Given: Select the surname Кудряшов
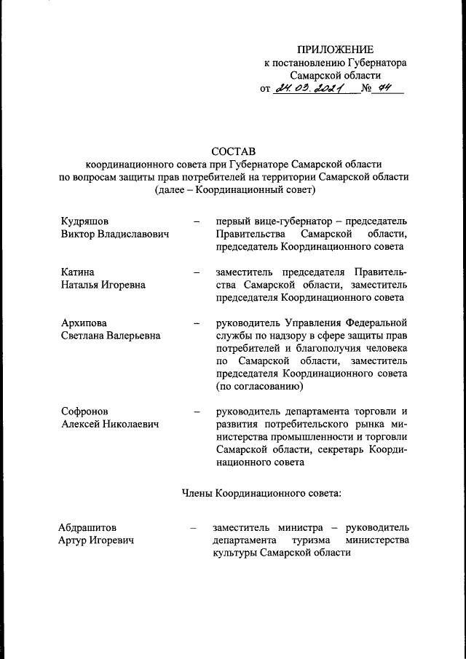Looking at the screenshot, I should point(88,221).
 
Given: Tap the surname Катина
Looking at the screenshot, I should point(78,272).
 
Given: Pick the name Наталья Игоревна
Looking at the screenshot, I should point(103,285).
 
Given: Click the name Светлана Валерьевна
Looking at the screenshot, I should point(111,336).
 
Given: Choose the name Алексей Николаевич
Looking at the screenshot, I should point(109,425).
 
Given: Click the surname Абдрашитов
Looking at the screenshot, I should point(87,527).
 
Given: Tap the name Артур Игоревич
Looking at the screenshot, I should point(96,540).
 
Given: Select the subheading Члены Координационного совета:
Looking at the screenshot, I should point(261,494).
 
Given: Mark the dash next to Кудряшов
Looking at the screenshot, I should point(197,221).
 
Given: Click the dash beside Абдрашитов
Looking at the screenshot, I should point(193,527).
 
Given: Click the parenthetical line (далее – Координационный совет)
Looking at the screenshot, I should point(234,191).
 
